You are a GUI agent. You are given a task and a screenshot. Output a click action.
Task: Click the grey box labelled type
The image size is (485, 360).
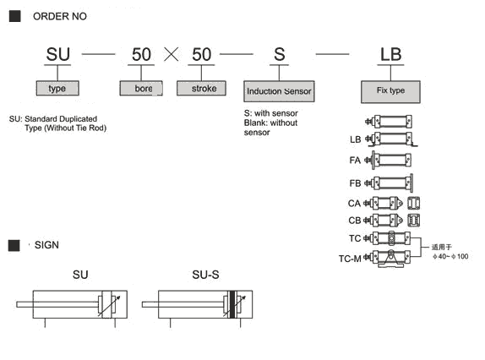(57, 88)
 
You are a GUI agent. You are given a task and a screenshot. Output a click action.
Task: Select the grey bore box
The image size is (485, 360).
(141, 88)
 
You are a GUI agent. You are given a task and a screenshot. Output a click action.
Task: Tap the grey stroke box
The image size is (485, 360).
(201, 88)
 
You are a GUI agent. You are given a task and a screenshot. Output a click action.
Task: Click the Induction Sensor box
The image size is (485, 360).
(279, 91)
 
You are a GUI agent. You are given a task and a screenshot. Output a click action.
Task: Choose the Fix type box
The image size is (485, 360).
(390, 92)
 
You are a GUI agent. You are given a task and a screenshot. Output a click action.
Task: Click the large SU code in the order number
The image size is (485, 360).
(57, 54)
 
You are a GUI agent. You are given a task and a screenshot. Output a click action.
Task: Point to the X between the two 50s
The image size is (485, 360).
(171, 54)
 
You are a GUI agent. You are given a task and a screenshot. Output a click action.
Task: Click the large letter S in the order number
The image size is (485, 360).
(280, 54)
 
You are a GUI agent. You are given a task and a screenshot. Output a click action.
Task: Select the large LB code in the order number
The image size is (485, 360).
(390, 54)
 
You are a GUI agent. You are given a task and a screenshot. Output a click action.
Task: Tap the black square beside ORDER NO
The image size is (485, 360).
(15, 16)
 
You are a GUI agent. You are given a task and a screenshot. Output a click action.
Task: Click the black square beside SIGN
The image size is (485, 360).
(14, 245)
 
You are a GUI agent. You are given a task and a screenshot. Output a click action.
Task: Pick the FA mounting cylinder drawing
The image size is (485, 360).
(388, 161)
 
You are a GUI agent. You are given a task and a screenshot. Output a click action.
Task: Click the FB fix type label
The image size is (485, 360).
(355, 183)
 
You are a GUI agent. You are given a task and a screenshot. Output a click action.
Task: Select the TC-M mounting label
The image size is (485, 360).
(350, 259)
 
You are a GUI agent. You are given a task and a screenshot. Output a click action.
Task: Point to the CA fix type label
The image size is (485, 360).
(354, 204)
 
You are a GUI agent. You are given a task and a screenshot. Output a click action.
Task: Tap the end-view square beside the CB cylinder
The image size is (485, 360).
(413, 221)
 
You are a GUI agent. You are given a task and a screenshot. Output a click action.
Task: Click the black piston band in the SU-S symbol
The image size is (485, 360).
(232, 304)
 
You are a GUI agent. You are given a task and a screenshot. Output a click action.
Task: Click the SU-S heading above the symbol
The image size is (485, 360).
(205, 275)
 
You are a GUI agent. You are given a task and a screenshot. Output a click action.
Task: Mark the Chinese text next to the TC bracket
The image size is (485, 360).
(442, 247)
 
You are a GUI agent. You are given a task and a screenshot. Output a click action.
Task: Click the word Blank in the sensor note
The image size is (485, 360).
(255, 123)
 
